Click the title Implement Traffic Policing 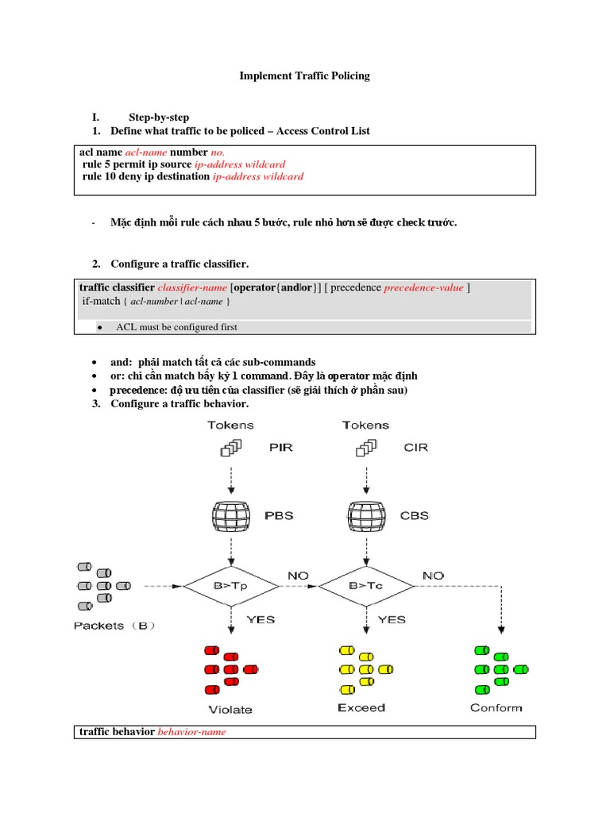pyautogui.click(x=305, y=76)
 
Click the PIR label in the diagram pyautogui.click(x=280, y=447)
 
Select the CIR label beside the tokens pyautogui.click(x=415, y=447)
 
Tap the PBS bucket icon pyautogui.click(x=231, y=515)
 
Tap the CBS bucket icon pyautogui.click(x=366, y=515)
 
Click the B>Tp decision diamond pyautogui.click(x=231, y=586)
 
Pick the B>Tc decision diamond pyautogui.click(x=366, y=586)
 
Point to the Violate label pyautogui.click(x=230, y=709)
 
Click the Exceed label pyautogui.click(x=361, y=707)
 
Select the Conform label pyautogui.click(x=496, y=707)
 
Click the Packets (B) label pyautogui.click(x=114, y=626)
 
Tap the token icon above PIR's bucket pyautogui.click(x=231, y=449)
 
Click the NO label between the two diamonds pyautogui.click(x=299, y=575)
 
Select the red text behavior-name pyautogui.click(x=191, y=732)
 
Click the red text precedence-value pyautogui.click(x=423, y=287)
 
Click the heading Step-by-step pyautogui.click(x=159, y=118)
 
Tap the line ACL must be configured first pyautogui.click(x=176, y=326)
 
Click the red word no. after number pyautogui.click(x=218, y=152)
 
